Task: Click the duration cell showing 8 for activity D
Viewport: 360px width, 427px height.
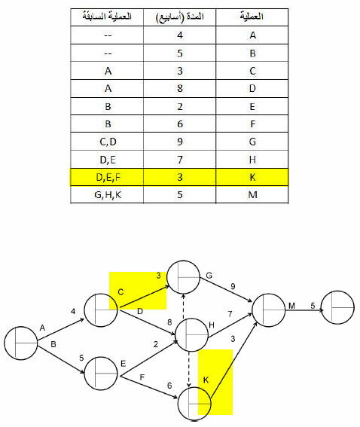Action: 180,89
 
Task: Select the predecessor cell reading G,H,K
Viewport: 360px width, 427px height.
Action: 107,195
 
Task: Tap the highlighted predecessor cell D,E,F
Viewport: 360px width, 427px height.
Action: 107,177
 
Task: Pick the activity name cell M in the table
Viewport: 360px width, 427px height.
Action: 252,195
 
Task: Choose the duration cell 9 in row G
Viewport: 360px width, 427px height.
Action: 180,142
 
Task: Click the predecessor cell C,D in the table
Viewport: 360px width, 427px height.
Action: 107,142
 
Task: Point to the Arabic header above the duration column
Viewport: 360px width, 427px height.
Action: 180,17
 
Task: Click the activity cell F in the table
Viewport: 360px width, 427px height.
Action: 252,124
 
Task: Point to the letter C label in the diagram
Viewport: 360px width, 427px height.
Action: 121,292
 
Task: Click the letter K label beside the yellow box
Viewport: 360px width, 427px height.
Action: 206,380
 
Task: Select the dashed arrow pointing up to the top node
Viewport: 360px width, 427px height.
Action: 184,306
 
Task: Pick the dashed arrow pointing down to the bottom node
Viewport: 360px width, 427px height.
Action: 189,369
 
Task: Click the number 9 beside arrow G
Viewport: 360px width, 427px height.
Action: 233,286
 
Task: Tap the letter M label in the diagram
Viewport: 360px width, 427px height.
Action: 291,306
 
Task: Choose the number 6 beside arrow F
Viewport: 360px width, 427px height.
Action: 169,386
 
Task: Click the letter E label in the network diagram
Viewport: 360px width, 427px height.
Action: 123,364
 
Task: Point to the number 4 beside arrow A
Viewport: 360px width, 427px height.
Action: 73,311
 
